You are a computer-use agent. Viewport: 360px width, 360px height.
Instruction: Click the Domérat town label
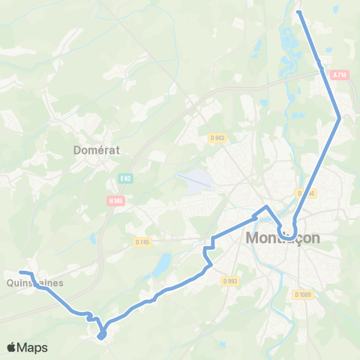point(97,149)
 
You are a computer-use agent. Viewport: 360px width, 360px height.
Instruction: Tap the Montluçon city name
point(283,238)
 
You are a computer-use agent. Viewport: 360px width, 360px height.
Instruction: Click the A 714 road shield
point(340,74)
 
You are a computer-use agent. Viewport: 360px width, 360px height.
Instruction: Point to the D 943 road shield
point(217,138)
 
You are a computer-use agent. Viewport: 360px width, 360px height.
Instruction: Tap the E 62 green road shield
point(125,178)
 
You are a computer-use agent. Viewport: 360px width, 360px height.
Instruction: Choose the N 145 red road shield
point(115,200)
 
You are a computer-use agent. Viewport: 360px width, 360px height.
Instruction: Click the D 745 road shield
point(142,241)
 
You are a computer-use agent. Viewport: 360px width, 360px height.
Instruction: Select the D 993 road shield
point(230,280)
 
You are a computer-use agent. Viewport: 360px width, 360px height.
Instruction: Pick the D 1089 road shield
point(304,295)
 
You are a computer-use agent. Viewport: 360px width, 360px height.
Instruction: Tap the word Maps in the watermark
point(33,347)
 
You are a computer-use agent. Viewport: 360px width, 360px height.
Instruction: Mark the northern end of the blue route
point(299,12)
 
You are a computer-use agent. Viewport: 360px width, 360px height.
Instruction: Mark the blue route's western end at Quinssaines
point(21,271)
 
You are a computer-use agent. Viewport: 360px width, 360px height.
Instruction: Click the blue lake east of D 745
point(161,264)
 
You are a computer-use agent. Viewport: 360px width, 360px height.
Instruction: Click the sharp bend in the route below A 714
point(340,117)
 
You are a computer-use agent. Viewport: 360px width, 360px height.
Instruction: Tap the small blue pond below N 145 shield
point(93,238)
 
